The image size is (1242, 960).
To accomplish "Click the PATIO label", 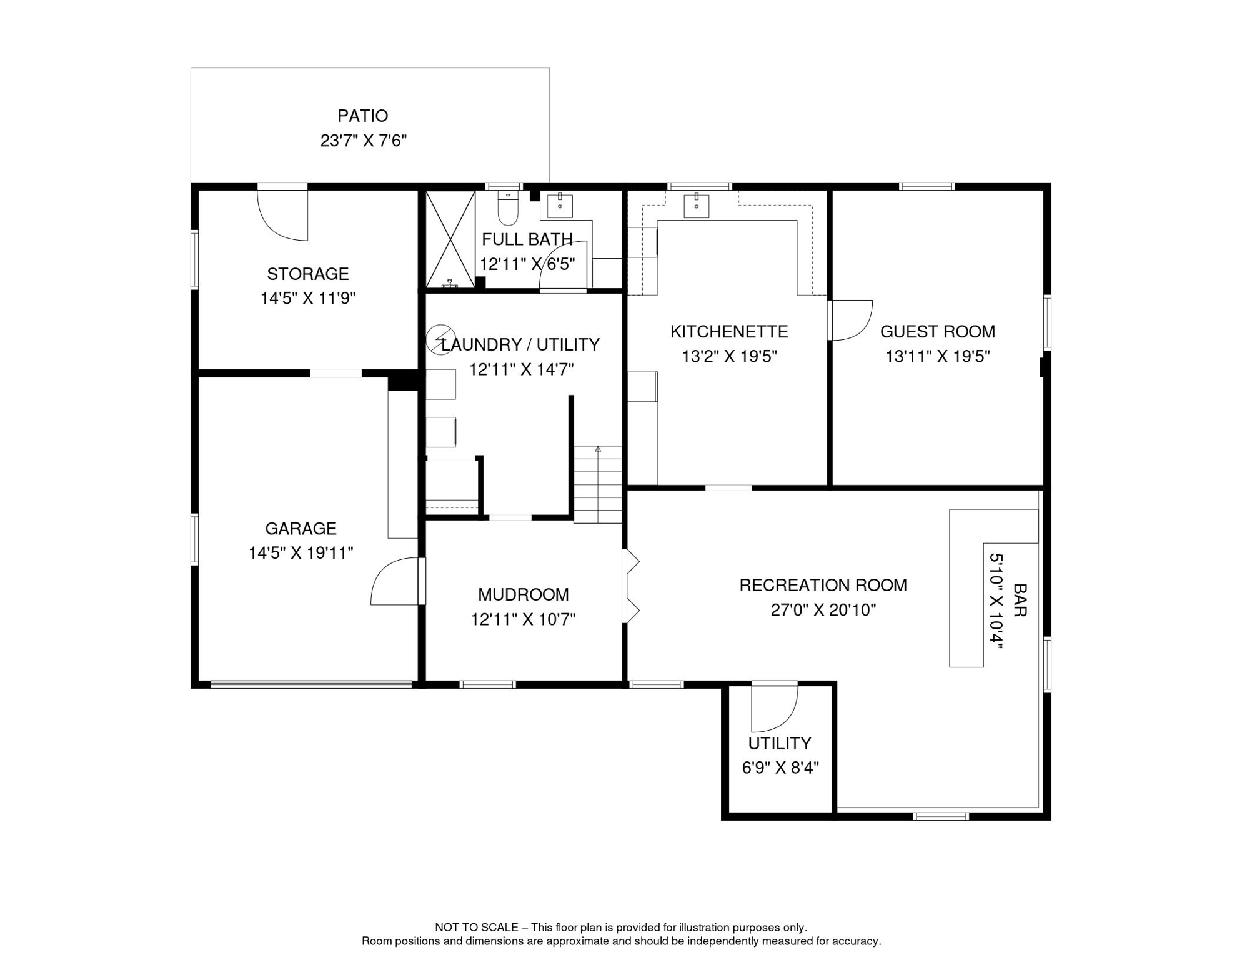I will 362,116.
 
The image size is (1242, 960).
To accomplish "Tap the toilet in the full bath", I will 507,209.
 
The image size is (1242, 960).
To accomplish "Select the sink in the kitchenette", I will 696,205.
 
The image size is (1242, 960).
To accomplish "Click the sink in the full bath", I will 560,206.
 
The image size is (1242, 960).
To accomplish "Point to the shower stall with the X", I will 450,239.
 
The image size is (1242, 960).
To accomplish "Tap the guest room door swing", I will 851,320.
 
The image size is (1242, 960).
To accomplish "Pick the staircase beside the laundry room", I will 598,484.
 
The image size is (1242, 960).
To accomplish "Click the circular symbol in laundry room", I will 440,340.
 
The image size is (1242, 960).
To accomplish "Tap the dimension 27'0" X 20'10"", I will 823,610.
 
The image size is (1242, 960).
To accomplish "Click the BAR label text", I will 1020,600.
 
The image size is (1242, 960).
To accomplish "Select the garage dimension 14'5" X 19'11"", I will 301,553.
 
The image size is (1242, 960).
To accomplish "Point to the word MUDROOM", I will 523,594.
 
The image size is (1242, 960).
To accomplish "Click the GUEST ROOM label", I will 937,332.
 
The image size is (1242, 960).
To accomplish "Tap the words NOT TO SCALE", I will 476,927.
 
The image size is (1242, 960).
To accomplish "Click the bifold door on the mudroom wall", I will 632,586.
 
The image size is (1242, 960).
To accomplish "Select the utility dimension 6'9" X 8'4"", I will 780,767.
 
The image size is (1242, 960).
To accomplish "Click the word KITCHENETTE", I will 728,332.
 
